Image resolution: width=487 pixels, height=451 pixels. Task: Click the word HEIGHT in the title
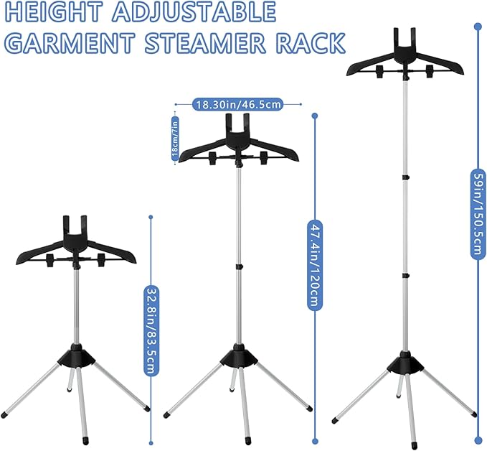pos(53,11)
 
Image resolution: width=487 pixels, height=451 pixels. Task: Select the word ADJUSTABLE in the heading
pos(194,11)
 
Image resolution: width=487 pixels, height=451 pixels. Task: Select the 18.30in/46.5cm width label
pos(238,105)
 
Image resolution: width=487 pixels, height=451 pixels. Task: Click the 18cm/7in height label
pos(175,139)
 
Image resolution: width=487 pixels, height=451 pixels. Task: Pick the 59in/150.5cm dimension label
pos(478,214)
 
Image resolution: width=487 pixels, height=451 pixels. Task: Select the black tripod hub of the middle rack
pos(239,355)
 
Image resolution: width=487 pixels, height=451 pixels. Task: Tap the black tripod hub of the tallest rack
pos(405,363)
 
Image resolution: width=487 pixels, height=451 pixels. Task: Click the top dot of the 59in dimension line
pos(478,27)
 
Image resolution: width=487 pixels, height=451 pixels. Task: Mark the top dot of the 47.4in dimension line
pos(315,116)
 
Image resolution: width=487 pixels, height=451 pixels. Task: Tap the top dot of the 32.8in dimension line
pos(151,217)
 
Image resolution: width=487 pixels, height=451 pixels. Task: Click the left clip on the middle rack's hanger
pos(213,157)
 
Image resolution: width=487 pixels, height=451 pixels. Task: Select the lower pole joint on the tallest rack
pos(405,276)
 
